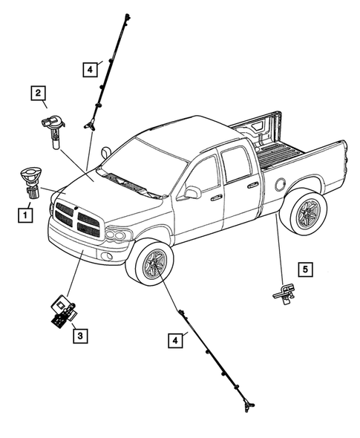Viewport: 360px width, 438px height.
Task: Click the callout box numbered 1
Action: (26, 216)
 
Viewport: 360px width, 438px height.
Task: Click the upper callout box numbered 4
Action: (89, 69)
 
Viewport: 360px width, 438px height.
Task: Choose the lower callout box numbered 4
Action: (174, 340)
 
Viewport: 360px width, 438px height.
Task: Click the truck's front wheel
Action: (154, 265)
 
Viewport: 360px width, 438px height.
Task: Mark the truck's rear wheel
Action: (305, 215)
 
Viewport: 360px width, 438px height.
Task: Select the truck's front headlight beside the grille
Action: (117, 235)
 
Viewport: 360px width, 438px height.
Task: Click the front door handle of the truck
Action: (216, 198)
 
